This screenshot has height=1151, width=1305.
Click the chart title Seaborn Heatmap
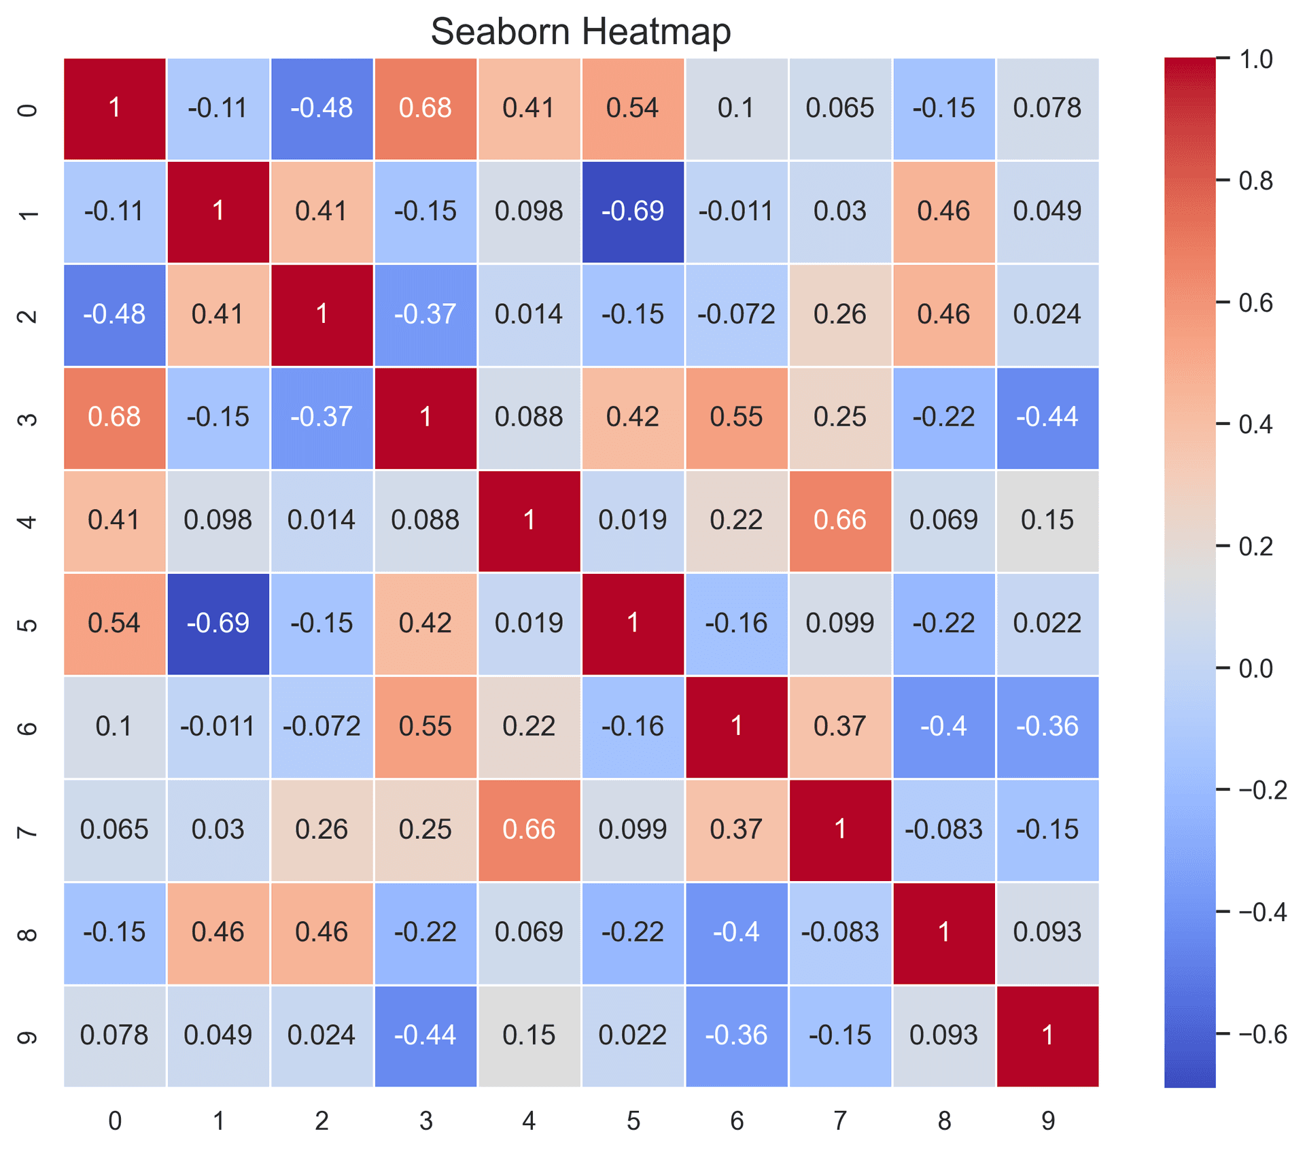coord(580,31)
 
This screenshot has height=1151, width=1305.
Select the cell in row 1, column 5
coord(633,211)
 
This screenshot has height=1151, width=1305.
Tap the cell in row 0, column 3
coord(425,108)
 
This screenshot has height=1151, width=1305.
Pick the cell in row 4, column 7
coord(840,520)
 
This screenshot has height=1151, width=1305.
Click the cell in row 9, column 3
coord(425,1035)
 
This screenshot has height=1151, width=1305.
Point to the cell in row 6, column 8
coord(943,726)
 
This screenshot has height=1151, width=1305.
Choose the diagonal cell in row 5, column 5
coord(633,623)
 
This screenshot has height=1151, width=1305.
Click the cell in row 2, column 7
coord(840,314)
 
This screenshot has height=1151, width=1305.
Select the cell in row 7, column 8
coord(943,829)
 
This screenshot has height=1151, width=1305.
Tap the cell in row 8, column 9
coord(1047,932)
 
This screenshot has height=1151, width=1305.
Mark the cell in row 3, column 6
coord(736,417)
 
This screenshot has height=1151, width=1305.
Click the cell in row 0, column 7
coord(840,108)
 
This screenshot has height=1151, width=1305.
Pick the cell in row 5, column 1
coord(218,623)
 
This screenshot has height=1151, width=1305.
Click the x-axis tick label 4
coord(529,1121)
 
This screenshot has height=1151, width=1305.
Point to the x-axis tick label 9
coord(1047,1121)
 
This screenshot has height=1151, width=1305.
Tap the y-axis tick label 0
coord(27,109)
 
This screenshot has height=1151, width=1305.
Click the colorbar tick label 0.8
coord(1255,181)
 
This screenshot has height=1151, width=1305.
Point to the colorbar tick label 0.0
coord(1255,668)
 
